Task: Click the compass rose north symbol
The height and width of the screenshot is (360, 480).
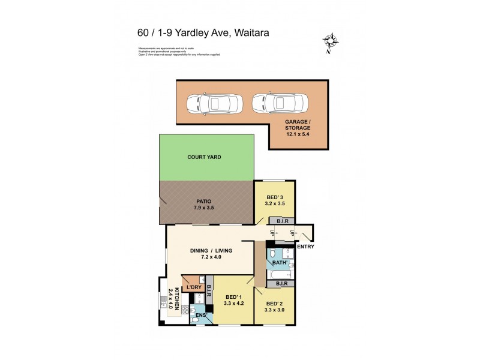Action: [x=329, y=42]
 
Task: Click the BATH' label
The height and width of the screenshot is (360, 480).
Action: [x=280, y=262]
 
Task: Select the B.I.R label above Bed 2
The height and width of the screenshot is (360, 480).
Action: [x=283, y=283]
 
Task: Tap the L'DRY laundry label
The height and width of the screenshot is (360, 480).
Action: [x=193, y=287]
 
